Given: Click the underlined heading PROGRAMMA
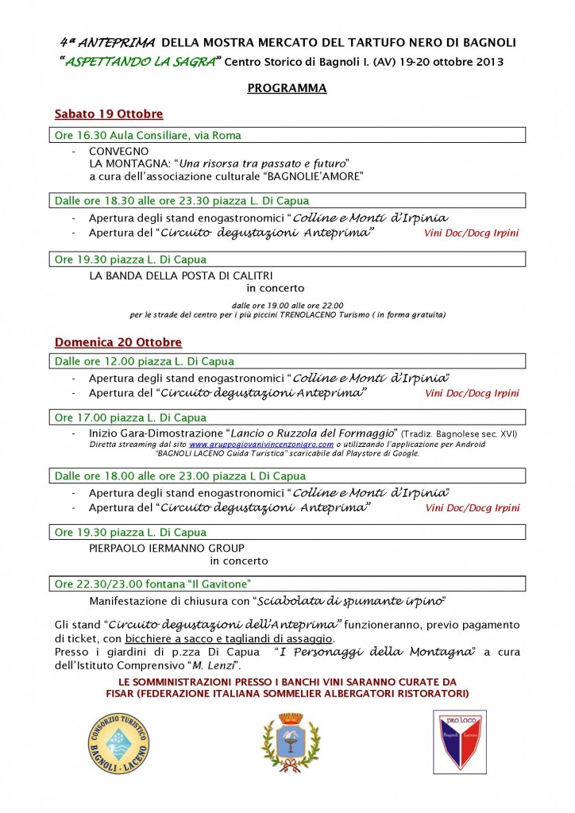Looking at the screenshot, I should click(287, 88).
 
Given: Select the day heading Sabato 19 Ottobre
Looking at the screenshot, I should click(108, 114).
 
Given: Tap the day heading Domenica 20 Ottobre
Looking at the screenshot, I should click(118, 342).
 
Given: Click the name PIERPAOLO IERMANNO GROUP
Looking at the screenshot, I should click(167, 548).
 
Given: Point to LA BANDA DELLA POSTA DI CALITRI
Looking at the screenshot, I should click(169, 275).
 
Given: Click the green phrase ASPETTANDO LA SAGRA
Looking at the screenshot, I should click(141, 62).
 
